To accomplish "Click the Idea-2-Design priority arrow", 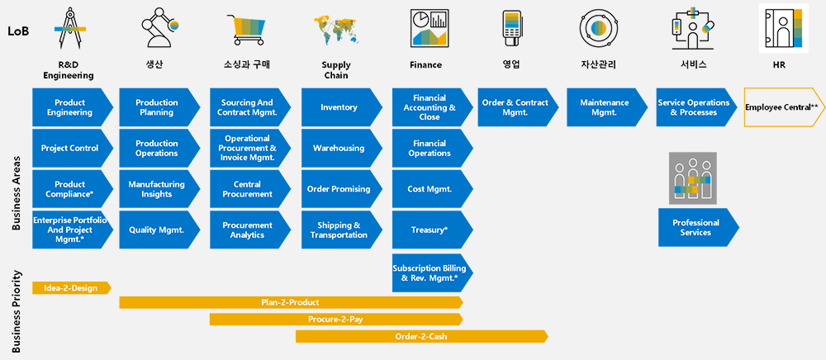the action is (x=72, y=288).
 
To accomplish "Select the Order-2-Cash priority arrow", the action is (x=422, y=336).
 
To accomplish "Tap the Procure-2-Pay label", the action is (x=335, y=320).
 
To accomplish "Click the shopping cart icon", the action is (x=246, y=30).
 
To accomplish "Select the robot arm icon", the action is (x=159, y=30).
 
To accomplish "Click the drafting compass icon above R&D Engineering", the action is (x=69, y=28).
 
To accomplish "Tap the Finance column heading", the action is (x=425, y=65).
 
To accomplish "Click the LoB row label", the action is (x=18, y=31).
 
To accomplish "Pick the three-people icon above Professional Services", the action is (x=693, y=178).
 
